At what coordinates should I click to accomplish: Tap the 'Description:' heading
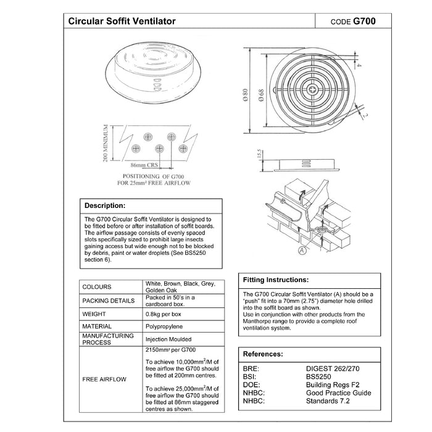[x=105, y=206]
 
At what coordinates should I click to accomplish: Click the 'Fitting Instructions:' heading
[x=275, y=280]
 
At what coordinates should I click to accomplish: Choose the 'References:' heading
[x=263, y=354]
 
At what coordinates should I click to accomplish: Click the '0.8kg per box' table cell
[x=166, y=314]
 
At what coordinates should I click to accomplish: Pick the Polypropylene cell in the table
[x=164, y=326]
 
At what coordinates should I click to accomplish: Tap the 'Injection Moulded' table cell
[x=168, y=339]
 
